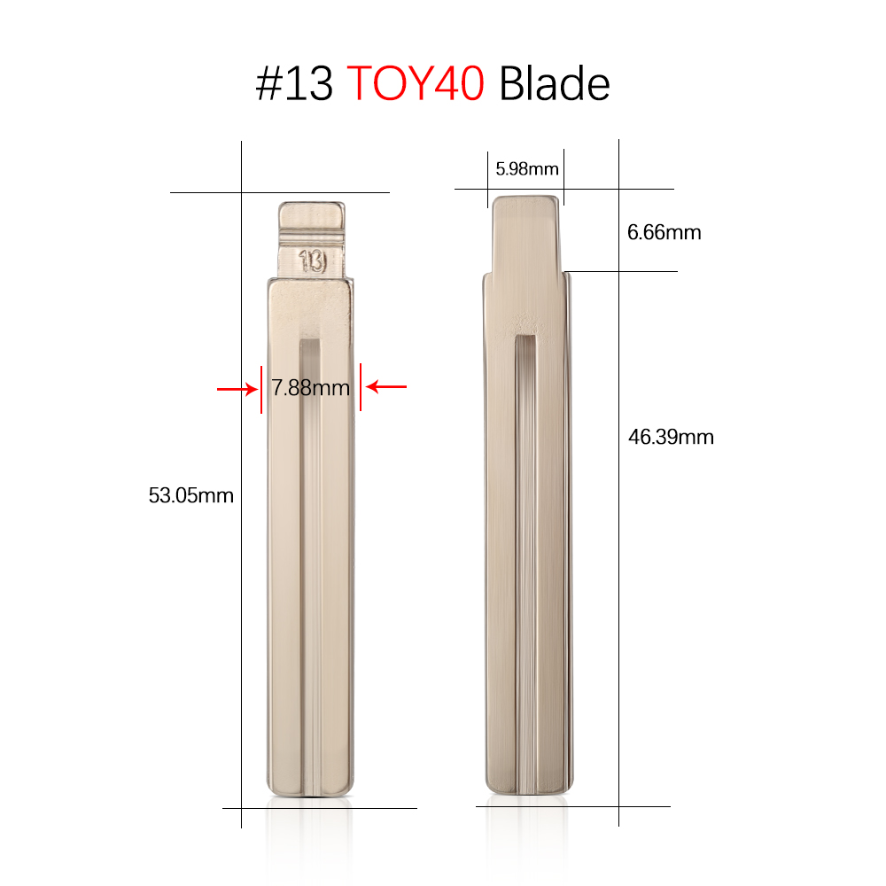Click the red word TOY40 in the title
coord(416,84)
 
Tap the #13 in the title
coord(294,84)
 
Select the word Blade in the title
coord(555,84)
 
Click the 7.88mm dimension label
coord(310,387)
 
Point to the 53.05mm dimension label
coord(191,495)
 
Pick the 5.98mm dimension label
coord(526,167)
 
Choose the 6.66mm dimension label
coord(664,233)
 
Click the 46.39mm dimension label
coord(671,437)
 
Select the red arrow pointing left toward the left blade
coord(386,386)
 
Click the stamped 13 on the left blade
coord(312,261)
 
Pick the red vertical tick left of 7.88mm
coord(261,388)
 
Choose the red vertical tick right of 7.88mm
coord(360,387)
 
